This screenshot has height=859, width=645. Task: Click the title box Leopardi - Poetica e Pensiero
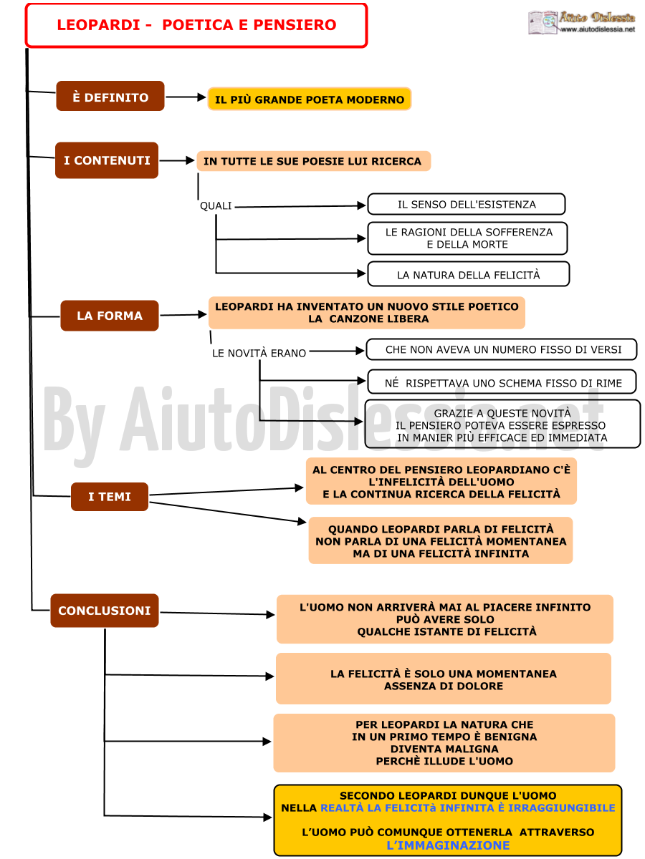click(196, 26)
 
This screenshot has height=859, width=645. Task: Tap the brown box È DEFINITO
click(110, 96)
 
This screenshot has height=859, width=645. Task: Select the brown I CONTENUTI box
click(107, 160)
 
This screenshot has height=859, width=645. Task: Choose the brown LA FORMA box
click(109, 316)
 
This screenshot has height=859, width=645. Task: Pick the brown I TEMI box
click(109, 496)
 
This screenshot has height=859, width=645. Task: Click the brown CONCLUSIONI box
click(104, 610)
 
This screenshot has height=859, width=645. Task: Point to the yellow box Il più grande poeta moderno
click(309, 99)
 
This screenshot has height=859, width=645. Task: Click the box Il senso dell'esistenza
click(466, 204)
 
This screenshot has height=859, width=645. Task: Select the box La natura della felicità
click(468, 274)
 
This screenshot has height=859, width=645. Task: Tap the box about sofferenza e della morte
click(467, 238)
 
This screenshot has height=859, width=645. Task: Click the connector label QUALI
click(216, 206)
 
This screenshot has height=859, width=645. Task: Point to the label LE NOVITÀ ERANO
click(259, 353)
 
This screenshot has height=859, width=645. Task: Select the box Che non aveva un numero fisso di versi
click(502, 349)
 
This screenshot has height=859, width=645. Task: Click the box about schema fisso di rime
click(502, 382)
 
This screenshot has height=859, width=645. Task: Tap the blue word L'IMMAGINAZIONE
click(448, 845)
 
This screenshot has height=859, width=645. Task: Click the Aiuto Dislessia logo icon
click(543, 22)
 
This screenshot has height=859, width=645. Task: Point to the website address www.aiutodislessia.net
click(598, 29)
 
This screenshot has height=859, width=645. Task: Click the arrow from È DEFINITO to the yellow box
click(186, 97)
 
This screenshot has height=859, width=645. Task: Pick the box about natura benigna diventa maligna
click(444, 742)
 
